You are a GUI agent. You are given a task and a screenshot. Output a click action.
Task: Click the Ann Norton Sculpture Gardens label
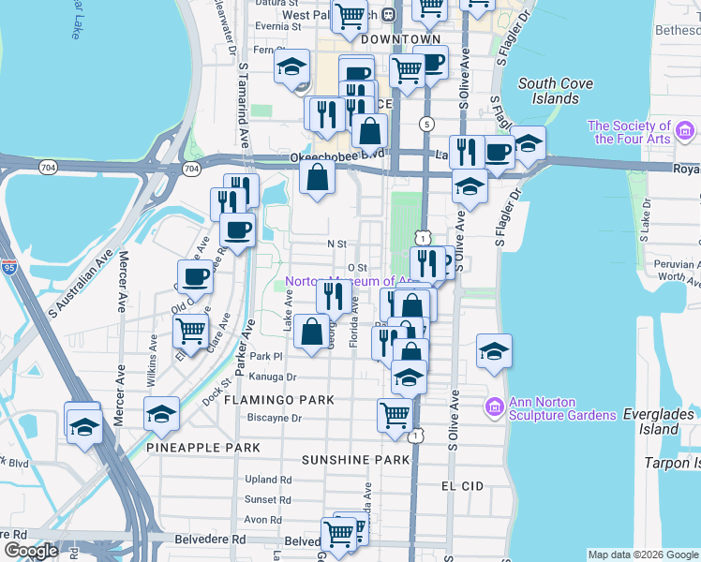[562, 408]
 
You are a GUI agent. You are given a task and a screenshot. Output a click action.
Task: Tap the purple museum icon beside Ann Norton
[494, 407]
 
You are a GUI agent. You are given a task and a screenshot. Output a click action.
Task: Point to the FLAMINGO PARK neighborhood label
[278, 400]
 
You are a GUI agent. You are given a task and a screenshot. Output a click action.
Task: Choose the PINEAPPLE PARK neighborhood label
[203, 448]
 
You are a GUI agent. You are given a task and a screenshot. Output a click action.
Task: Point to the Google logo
[31, 550]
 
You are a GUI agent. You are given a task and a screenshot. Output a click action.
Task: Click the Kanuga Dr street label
[273, 377]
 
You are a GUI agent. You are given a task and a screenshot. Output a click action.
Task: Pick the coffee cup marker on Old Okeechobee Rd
[196, 277]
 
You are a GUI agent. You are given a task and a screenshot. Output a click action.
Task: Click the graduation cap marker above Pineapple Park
[162, 413]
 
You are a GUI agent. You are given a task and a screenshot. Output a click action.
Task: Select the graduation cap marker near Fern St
[292, 67]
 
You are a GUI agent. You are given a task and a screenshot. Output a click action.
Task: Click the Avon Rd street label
[263, 520]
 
